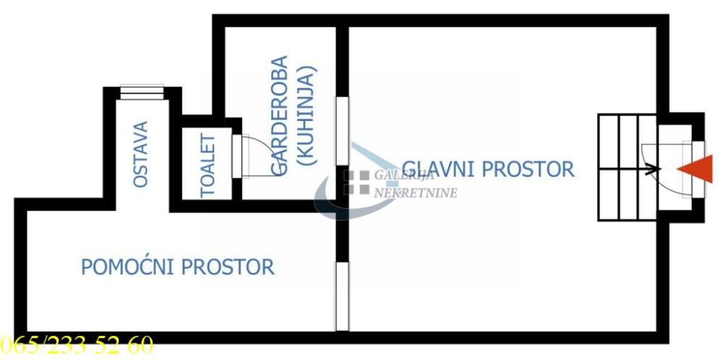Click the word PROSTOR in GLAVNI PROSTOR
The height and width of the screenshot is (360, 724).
point(528,169)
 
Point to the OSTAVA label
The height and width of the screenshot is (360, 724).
point(140,154)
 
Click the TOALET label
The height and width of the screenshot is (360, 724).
point(209,165)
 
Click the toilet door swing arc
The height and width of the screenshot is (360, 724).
point(253,154)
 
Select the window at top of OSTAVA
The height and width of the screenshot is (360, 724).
point(142,92)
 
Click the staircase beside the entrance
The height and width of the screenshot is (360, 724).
point(626,168)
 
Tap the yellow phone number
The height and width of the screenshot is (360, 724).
point(77,346)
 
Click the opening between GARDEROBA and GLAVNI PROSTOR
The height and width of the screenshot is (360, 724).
point(342,131)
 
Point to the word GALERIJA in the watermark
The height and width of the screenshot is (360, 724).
point(404,175)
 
